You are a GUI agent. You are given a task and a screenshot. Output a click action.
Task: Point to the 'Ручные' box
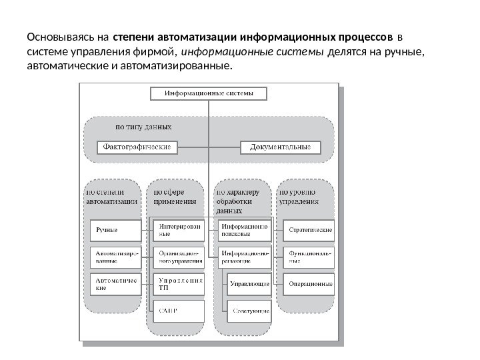(x=115, y=231)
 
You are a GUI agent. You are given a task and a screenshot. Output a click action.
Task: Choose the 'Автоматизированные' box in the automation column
(x=115, y=257)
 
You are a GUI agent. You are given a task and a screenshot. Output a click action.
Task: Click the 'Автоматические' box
(x=115, y=285)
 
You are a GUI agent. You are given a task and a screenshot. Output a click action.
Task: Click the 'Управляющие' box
(x=249, y=285)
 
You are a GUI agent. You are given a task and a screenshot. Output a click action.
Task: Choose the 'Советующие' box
(x=251, y=310)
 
